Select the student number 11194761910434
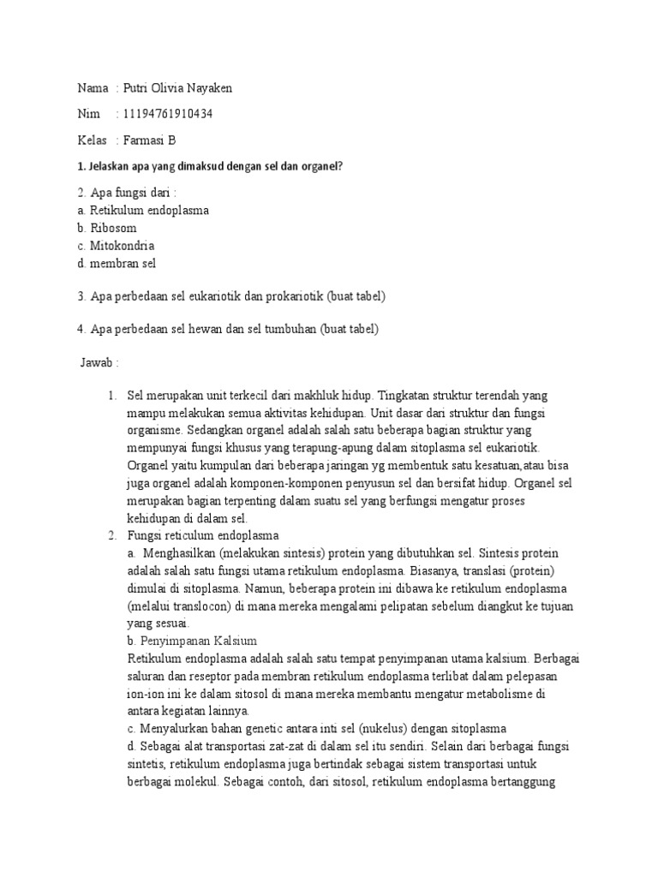coord(169,114)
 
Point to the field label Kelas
coord(93,140)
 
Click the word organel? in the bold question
coord(319,166)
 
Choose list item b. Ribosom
coord(106,229)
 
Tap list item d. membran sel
coord(117,264)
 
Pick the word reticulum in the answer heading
coord(199,536)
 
